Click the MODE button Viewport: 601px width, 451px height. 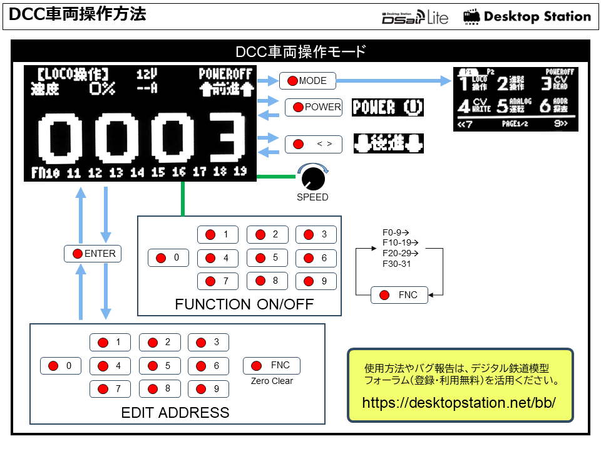[x=307, y=81]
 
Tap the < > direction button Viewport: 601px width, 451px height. [x=314, y=145]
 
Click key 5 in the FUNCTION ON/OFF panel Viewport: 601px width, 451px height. [x=267, y=257]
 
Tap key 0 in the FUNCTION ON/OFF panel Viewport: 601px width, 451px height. [x=168, y=257]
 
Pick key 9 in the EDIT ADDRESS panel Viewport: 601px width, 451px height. [x=208, y=389]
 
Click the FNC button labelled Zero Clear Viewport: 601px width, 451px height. [x=272, y=366]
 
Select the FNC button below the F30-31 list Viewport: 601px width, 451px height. [x=399, y=295]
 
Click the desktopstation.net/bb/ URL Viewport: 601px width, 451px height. [x=460, y=402]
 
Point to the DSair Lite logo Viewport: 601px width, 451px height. [x=414, y=17]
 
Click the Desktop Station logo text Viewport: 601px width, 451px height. [x=537, y=17]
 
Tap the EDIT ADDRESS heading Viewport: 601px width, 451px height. [x=175, y=413]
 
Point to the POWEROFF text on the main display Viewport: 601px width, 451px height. [x=225, y=74]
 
